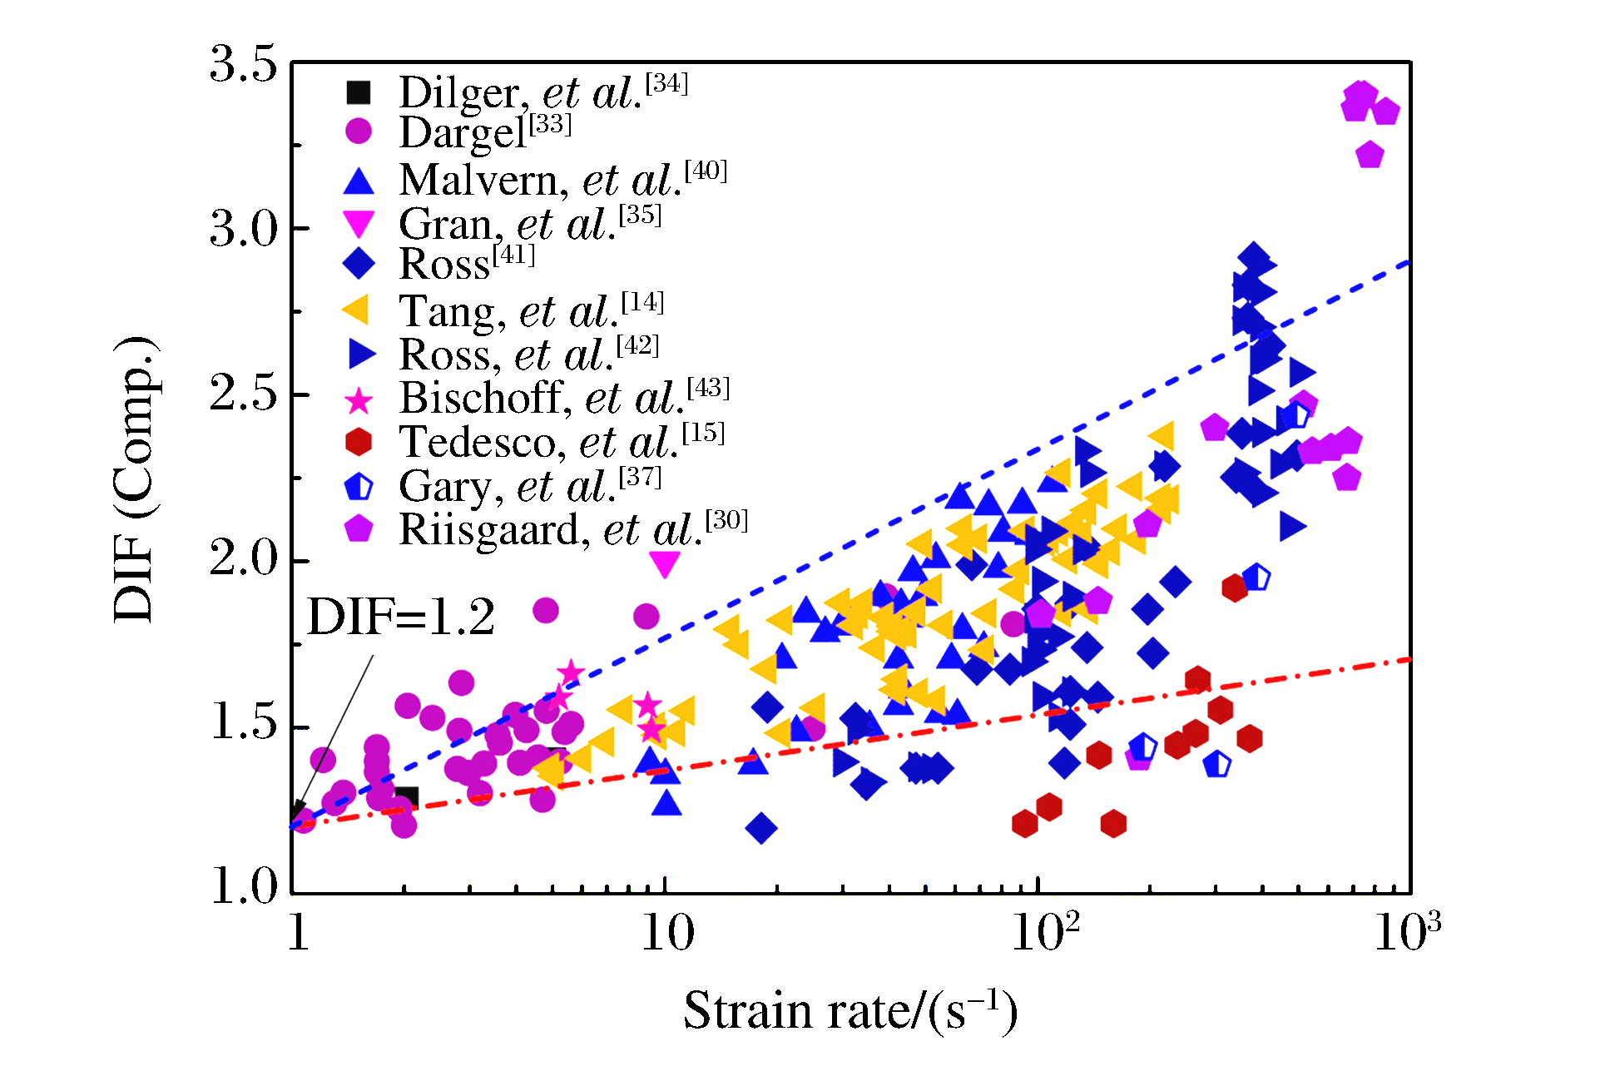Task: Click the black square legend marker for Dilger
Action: (359, 92)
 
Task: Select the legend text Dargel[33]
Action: (485, 133)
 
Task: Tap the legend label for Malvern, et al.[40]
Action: (562, 180)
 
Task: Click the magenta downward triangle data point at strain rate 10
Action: (665, 564)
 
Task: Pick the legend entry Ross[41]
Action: (467, 264)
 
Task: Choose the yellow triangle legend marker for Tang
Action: (356, 310)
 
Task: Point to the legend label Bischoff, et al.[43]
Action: (564, 398)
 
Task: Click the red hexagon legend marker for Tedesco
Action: (359, 442)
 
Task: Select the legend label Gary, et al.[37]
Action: (530, 486)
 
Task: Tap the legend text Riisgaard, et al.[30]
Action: (573, 529)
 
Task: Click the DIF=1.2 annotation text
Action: (401, 617)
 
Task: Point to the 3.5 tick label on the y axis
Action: (243, 64)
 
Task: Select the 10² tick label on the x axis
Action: (1045, 932)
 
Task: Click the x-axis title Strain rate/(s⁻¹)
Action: (850, 1011)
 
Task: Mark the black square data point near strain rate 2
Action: (406, 797)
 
